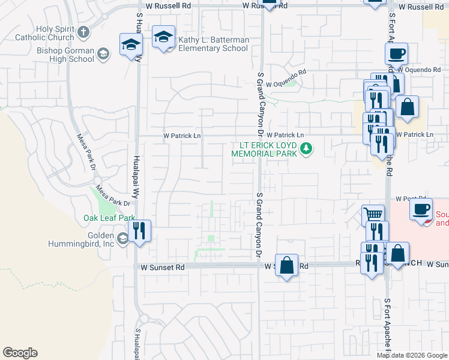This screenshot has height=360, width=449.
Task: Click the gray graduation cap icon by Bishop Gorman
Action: click(103, 55)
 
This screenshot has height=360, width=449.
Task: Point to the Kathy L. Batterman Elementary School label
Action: click(213, 44)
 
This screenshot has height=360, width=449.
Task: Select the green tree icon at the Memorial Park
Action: click(306, 148)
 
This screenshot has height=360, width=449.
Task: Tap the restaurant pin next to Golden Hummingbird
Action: click(140, 231)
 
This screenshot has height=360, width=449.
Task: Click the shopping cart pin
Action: click(373, 214)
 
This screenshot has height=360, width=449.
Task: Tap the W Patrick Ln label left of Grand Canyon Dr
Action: click(182, 136)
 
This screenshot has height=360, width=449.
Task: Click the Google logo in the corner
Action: click(20, 352)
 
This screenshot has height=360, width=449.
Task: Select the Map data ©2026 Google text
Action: click(412, 355)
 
